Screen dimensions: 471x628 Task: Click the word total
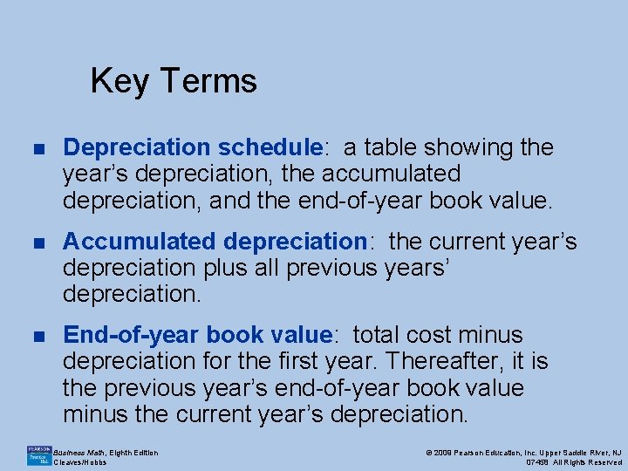[381, 335]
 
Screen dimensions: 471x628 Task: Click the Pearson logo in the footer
[38, 455]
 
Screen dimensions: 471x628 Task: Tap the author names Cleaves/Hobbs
[80, 462]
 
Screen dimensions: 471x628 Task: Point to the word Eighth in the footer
[123, 452]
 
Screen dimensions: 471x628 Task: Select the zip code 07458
[538, 462]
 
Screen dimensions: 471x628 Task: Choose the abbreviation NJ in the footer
[615, 452]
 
